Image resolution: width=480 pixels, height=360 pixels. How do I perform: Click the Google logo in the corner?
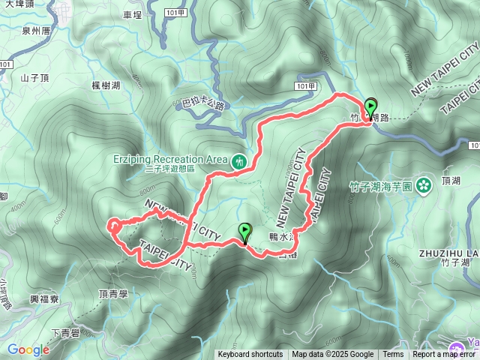pyautogui.click(x=28, y=349)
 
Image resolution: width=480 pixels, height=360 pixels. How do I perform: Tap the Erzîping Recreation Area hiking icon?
pyautogui.click(x=239, y=160)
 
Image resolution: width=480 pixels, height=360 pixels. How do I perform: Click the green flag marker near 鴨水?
pyautogui.click(x=244, y=233)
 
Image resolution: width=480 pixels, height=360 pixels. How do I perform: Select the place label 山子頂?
pyautogui.click(x=34, y=77)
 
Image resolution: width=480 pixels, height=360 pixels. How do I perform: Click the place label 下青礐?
pyautogui.click(x=66, y=332)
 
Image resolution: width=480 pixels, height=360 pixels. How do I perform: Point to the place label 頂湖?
pyautogui.click(x=451, y=181)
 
